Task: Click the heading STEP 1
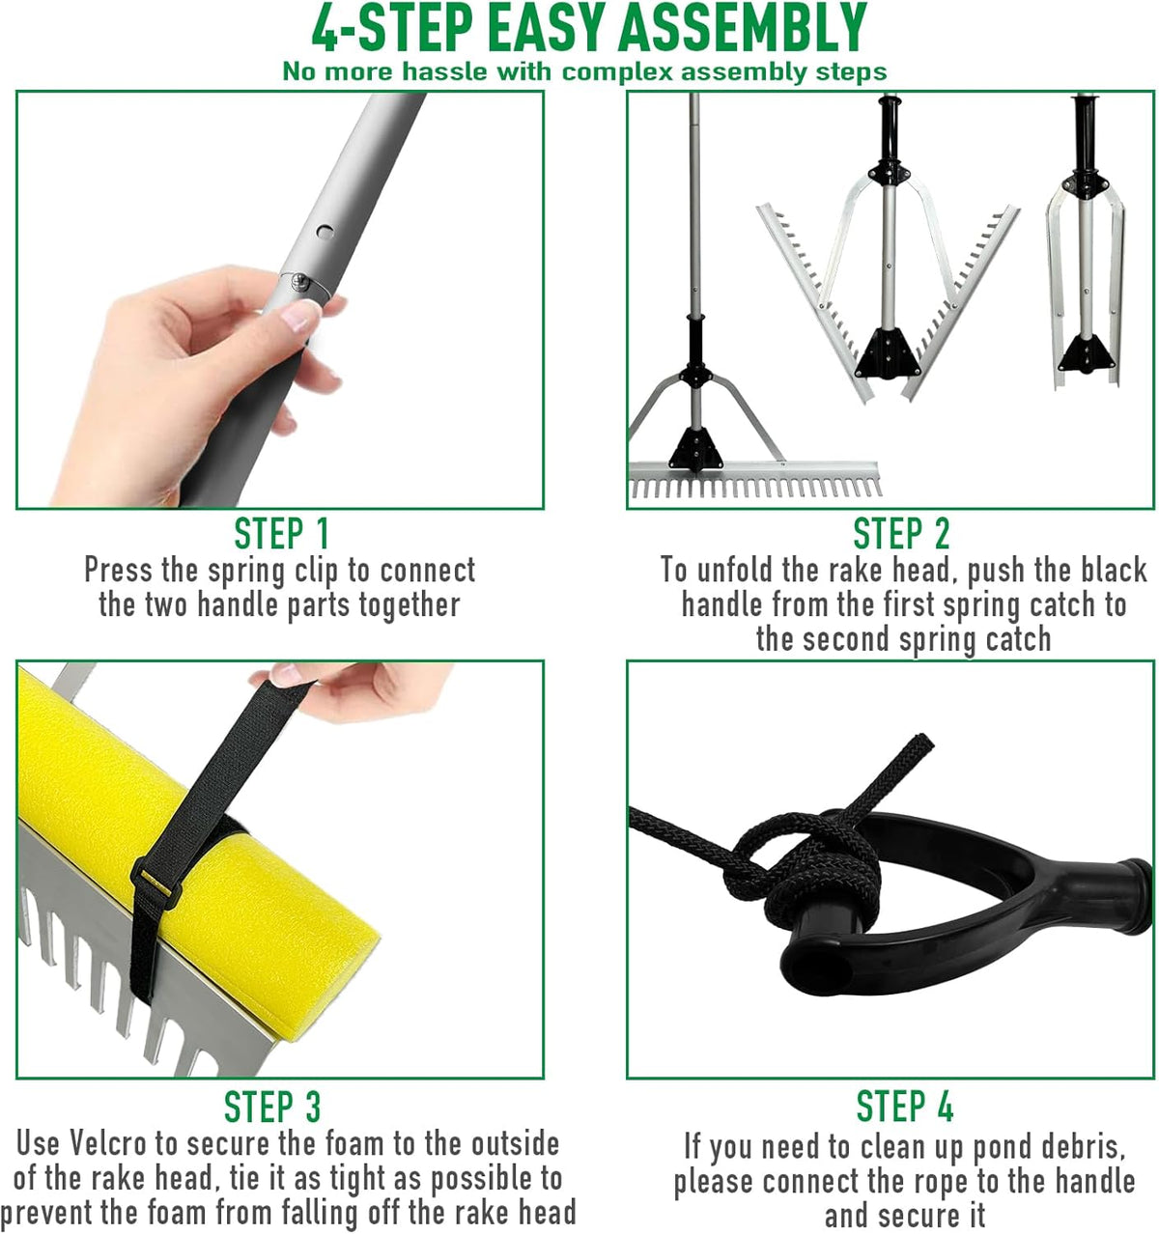click(281, 534)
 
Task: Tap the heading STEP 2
click(901, 534)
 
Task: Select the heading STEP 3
click(272, 1107)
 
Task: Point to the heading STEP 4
click(905, 1107)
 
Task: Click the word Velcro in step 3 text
click(108, 1143)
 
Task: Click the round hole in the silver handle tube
click(325, 233)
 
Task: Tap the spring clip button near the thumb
click(300, 281)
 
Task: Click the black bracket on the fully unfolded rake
click(695, 449)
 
